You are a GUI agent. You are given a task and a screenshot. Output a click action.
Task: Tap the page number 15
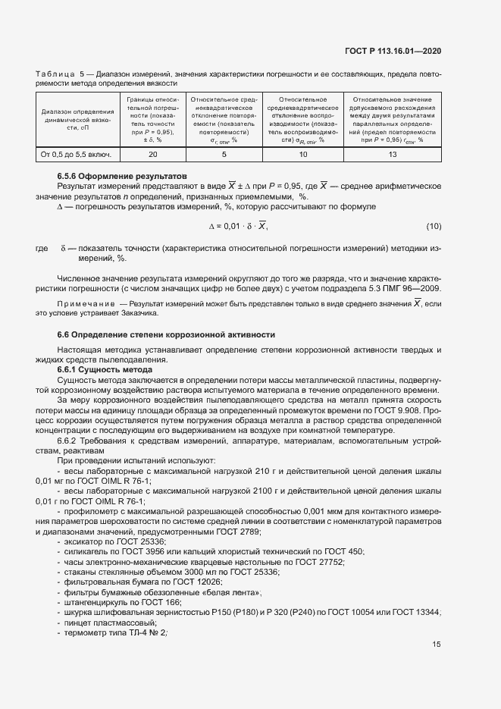tap(437, 645)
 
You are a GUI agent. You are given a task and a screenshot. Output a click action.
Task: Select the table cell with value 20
tap(152, 155)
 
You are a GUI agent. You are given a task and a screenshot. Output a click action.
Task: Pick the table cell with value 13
tap(392, 155)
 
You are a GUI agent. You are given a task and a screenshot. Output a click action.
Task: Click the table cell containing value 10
tap(303, 155)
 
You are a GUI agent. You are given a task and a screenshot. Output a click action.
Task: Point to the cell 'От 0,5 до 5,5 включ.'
tap(76, 155)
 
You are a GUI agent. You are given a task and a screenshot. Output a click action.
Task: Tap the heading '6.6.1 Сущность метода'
tap(99, 369)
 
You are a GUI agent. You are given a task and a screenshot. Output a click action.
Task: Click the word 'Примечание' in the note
tap(82, 303)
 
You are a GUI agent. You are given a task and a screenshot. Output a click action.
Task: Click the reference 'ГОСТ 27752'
tap(323, 562)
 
